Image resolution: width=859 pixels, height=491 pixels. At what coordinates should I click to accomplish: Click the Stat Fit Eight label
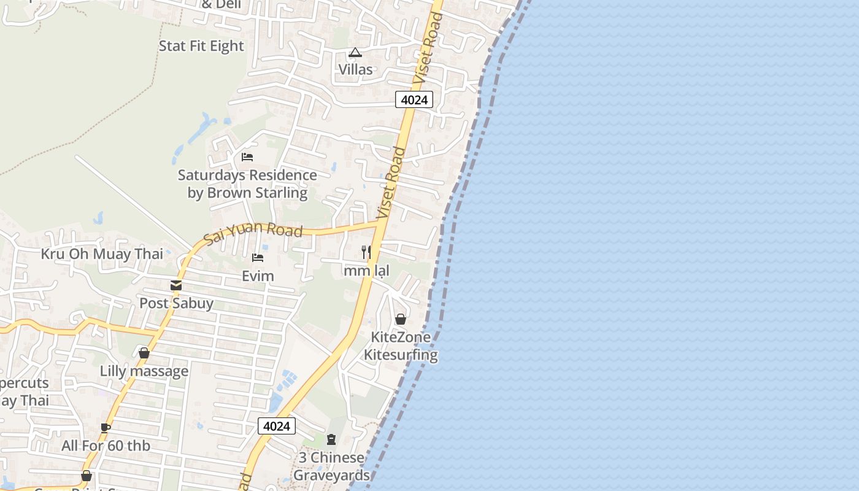tap(201, 46)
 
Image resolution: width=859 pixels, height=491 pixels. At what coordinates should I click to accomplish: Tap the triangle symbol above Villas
tap(355, 53)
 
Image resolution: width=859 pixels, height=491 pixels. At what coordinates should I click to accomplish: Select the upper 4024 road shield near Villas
tap(414, 99)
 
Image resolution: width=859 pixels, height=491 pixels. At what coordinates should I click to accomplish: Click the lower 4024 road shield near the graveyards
tap(277, 426)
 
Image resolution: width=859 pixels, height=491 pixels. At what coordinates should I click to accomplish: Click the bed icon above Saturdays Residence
tap(247, 157)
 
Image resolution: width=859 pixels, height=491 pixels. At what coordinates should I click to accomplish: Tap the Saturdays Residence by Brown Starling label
tap(247, 184)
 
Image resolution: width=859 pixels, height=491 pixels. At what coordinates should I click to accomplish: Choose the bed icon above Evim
tap(258, 258)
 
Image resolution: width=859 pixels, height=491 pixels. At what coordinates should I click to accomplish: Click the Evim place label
tap(258, 276)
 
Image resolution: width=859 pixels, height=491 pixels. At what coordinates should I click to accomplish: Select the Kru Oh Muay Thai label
tap(102, 253)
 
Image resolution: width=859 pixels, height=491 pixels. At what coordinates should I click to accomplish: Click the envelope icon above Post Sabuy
tap(176, 285)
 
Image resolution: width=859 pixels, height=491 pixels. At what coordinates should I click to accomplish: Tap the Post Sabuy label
tap(176, 303)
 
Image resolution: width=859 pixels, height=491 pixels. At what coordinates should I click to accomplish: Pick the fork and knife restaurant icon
tap(366, 252)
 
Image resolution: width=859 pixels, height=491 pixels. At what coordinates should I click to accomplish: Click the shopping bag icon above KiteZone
tap(401, 319)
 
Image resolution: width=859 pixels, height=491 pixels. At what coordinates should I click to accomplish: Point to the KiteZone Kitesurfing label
tap(401, 346)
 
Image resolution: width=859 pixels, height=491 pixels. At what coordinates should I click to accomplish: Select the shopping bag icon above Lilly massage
tap(144, 353)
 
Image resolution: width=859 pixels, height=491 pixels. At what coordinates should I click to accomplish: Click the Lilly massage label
tap(144, 371)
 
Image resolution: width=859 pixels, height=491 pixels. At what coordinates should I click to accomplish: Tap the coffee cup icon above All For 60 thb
tap(106, 428)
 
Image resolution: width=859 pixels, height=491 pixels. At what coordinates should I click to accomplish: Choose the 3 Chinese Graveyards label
tap(331, 466)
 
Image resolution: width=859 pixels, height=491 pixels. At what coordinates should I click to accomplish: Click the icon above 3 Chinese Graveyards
tap(331, 439)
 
